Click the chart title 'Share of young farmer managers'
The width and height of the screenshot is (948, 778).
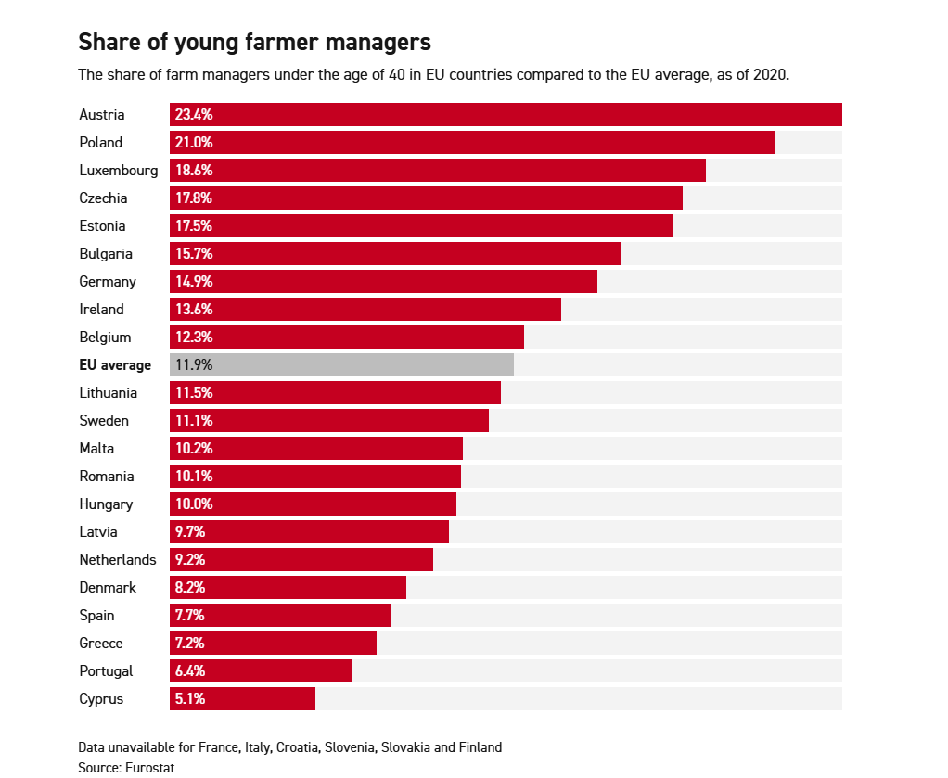254,42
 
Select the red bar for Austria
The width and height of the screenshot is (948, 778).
506,114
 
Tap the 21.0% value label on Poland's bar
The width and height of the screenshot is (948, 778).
194,142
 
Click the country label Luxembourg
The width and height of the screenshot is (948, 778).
118,170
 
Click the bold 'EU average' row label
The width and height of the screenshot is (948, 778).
115,364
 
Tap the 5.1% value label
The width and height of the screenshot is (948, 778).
189,698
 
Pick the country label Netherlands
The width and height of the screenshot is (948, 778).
118,559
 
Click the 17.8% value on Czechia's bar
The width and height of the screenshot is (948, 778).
194,198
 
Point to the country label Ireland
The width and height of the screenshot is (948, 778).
101,309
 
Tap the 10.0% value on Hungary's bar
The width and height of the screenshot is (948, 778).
194,504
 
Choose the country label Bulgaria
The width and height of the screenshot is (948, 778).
106,253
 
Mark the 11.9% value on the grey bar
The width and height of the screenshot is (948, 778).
193,364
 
